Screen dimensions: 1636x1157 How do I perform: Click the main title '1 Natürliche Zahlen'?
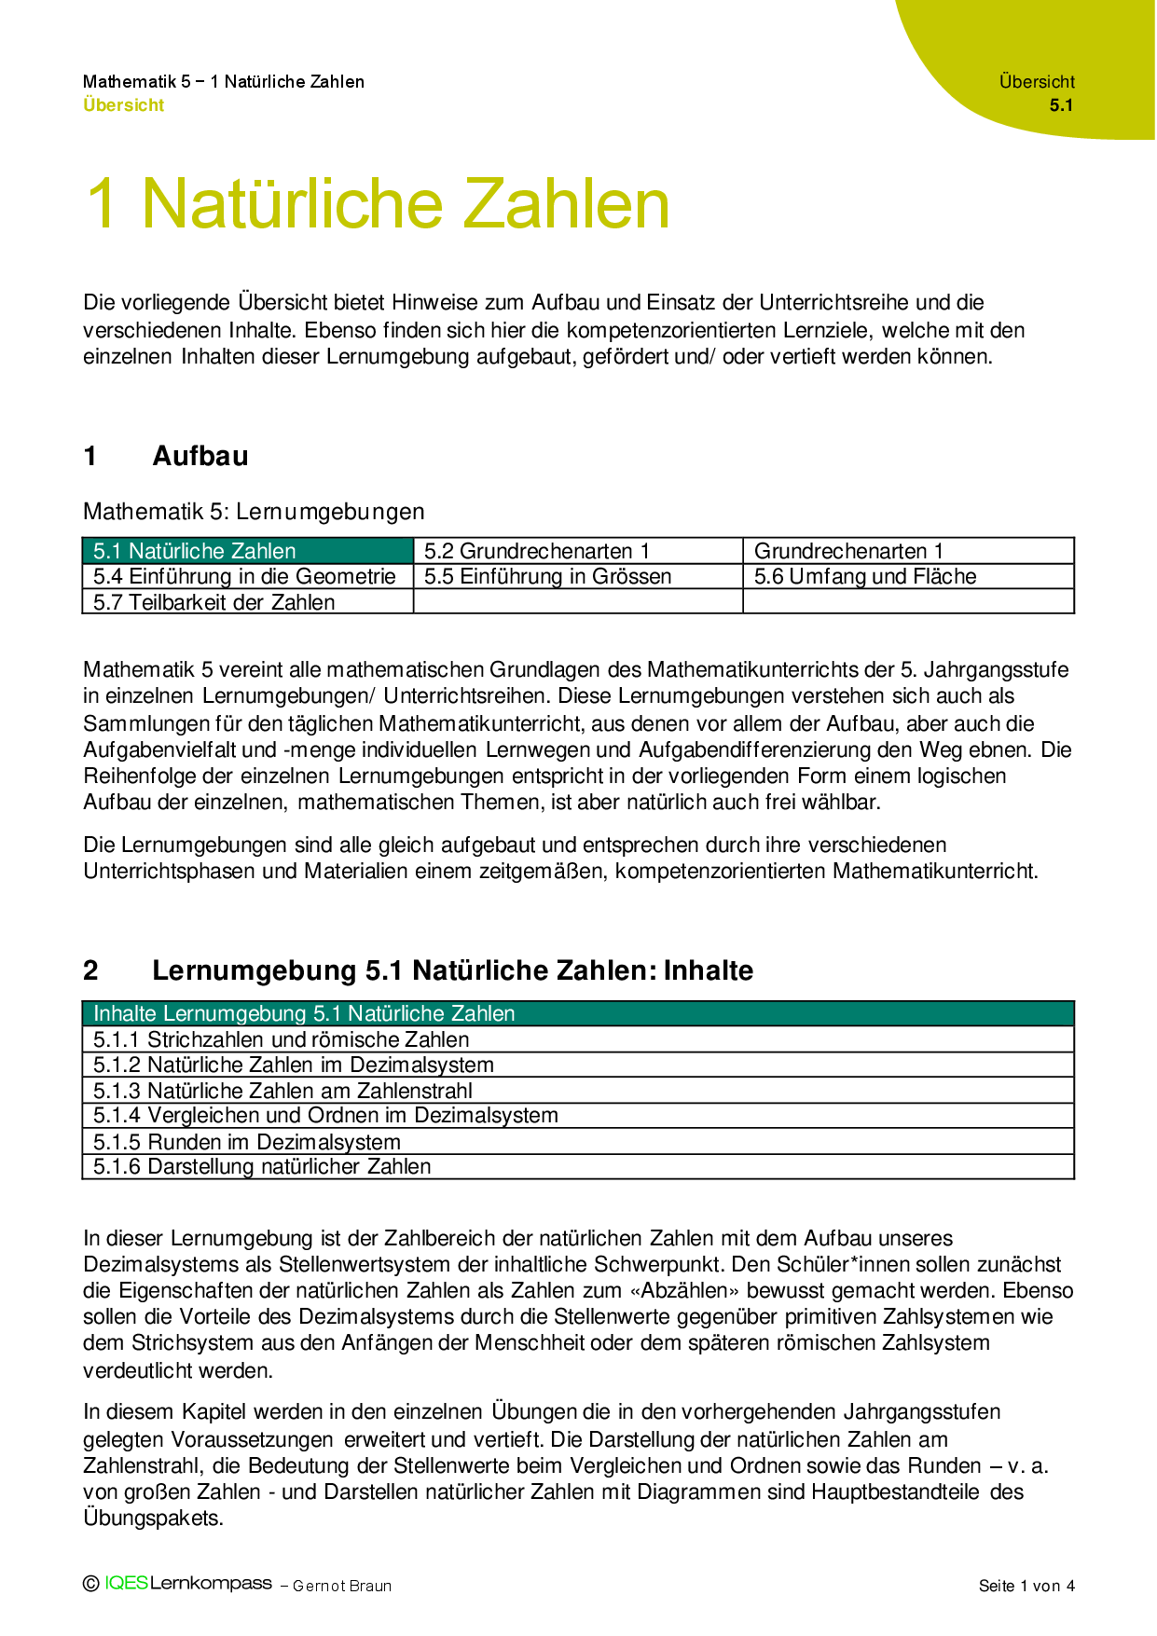click(x=378, y=204)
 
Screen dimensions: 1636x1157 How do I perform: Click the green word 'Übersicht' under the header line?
click(x=123, y=105)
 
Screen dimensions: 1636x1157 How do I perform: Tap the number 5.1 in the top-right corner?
click(x=1061, y=105)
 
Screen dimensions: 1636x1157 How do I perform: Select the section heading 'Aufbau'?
click(x=200, y=456)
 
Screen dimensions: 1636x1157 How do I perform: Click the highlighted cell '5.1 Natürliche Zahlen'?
click(x=194, y=551)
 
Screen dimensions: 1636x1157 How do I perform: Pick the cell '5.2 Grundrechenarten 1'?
click(x=536, y=551)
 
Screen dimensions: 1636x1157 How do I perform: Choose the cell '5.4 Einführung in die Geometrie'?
click(x=244, y=576)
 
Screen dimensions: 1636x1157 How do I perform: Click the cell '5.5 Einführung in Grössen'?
click(x=547, y=576)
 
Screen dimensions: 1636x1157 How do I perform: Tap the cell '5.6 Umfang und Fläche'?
click(x=864, y=576)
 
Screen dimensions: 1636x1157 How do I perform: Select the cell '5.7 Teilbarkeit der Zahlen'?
click(x=213, y=602)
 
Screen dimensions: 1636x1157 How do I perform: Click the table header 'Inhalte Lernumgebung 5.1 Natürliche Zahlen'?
click(x=304, y=1013)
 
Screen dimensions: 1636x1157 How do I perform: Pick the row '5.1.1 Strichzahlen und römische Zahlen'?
click(x=281, y=1039)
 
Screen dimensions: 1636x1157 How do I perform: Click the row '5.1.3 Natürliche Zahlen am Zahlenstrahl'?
click(x=282, y=1091)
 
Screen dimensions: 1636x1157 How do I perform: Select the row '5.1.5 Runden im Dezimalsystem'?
click(x=246, y=1142)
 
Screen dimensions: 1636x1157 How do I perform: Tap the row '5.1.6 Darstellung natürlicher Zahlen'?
click(x=262, y=1166)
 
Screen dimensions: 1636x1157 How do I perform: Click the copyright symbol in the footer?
click(x=91, y=1584)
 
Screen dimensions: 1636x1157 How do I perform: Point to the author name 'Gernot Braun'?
click(x=342, y=1586)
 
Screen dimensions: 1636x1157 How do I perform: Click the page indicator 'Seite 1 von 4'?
click(x=1026, y=1586)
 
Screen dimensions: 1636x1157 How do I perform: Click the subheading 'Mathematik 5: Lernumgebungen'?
click(x=254, y=512)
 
